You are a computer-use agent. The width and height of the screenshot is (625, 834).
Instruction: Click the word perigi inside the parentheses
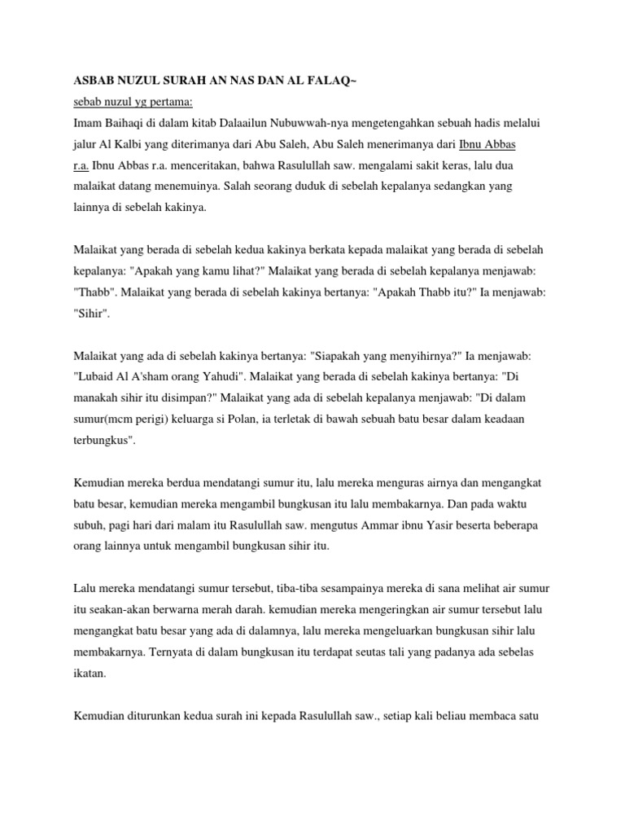(x=145, y=419)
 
